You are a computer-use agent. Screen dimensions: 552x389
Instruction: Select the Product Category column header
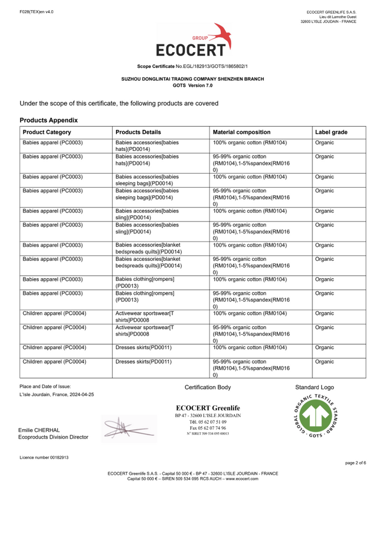[x=47, y=132]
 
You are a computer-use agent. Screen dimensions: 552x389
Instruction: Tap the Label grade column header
[x=331, y=132]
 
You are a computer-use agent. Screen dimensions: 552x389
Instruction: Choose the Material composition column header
[x=242, y=132]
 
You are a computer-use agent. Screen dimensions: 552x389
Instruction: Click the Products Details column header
[x=138, y=132]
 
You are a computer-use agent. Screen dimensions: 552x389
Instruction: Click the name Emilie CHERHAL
[x=39, y=430]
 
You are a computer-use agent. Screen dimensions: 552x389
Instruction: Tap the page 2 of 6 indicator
[x=355, y=463]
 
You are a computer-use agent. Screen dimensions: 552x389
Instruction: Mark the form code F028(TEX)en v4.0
[x=36, y=11]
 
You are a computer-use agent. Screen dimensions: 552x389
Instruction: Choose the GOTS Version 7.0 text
[x=193, y=85]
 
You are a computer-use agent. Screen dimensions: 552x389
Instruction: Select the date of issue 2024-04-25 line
[x=57, y=395]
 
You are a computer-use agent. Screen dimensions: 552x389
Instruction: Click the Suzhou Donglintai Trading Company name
[x=193, y=79]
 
